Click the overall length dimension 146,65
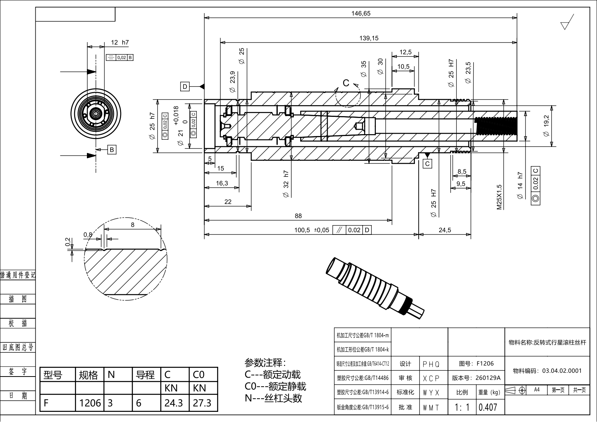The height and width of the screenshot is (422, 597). (x=361, y=14)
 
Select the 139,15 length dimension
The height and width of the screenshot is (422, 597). (x=369, y=38)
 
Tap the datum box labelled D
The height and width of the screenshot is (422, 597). (x=185, y=86)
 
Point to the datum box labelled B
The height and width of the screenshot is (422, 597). (x=111, y=150)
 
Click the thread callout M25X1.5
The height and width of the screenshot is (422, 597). (x=499, y=197)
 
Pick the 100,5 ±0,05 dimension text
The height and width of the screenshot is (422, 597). (x=311, y=230)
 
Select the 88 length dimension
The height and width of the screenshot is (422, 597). (x=298, y=216)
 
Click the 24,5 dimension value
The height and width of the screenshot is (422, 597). (x=445, y=230)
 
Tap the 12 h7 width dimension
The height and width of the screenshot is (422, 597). (x=120, y=42)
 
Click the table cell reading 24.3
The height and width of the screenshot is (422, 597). (x=173, y=403)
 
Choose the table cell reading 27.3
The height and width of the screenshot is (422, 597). (x=202, y=403)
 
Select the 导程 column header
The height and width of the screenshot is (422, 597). (x=145, y=375)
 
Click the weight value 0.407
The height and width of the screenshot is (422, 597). (x=488, y=407)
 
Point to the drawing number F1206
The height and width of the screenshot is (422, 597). (x=476, y=363)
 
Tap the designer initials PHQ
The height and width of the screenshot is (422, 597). (x=431, y=364)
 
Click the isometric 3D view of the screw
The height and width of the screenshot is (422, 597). (x=375, y=288)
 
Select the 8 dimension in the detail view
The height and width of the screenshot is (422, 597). (x=132, y=225)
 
